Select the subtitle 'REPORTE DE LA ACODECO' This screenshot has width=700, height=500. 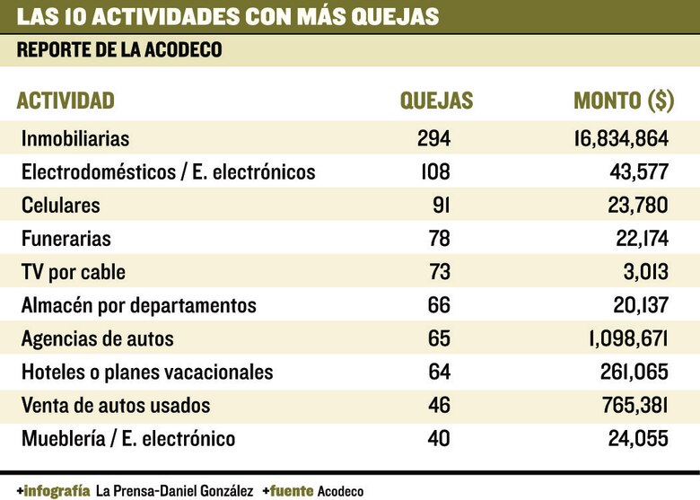[119, 51]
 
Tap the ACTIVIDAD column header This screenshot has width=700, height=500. [66, 101]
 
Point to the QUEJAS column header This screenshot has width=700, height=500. [436, 101]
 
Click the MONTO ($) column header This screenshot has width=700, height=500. [623, 101]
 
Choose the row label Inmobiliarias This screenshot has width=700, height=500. [75, 139]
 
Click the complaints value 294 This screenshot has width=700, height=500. [433, 139]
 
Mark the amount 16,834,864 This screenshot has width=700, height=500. [620, 139]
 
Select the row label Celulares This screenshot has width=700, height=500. [60, 206]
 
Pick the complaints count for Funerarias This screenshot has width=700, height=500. [439, 239]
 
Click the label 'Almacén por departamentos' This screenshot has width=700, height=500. [138, 305]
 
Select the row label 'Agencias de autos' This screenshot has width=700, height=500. [97, 338]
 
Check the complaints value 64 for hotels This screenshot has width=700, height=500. [439, 372]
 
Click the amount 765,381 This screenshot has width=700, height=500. [634, 405]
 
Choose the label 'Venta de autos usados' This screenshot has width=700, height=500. [115, 405]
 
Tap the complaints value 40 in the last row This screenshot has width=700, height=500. [439, 438]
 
